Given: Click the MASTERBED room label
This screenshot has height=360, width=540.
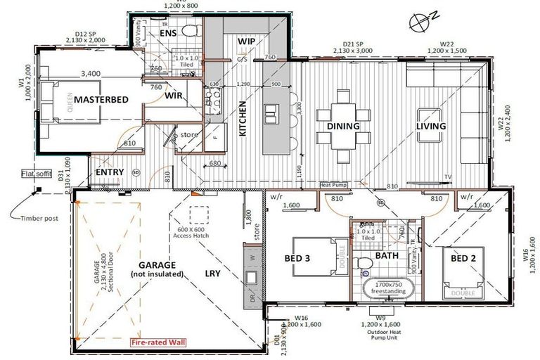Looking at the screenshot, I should pyautogui.click(x=101, y=100).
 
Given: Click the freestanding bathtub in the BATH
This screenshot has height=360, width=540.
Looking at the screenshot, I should pyautogui.click(x=384, y=288).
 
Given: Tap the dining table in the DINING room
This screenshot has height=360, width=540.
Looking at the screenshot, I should pyautogui.click(x=343, y=125).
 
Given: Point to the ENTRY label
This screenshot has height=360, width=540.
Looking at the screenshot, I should pyautogui.click(x=110, y=172).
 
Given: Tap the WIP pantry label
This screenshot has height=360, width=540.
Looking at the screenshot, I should pyautogui.click(x=246, y=41).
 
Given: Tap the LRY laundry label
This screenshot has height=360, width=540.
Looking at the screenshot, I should pyautogui.click(x=212, y=274).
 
